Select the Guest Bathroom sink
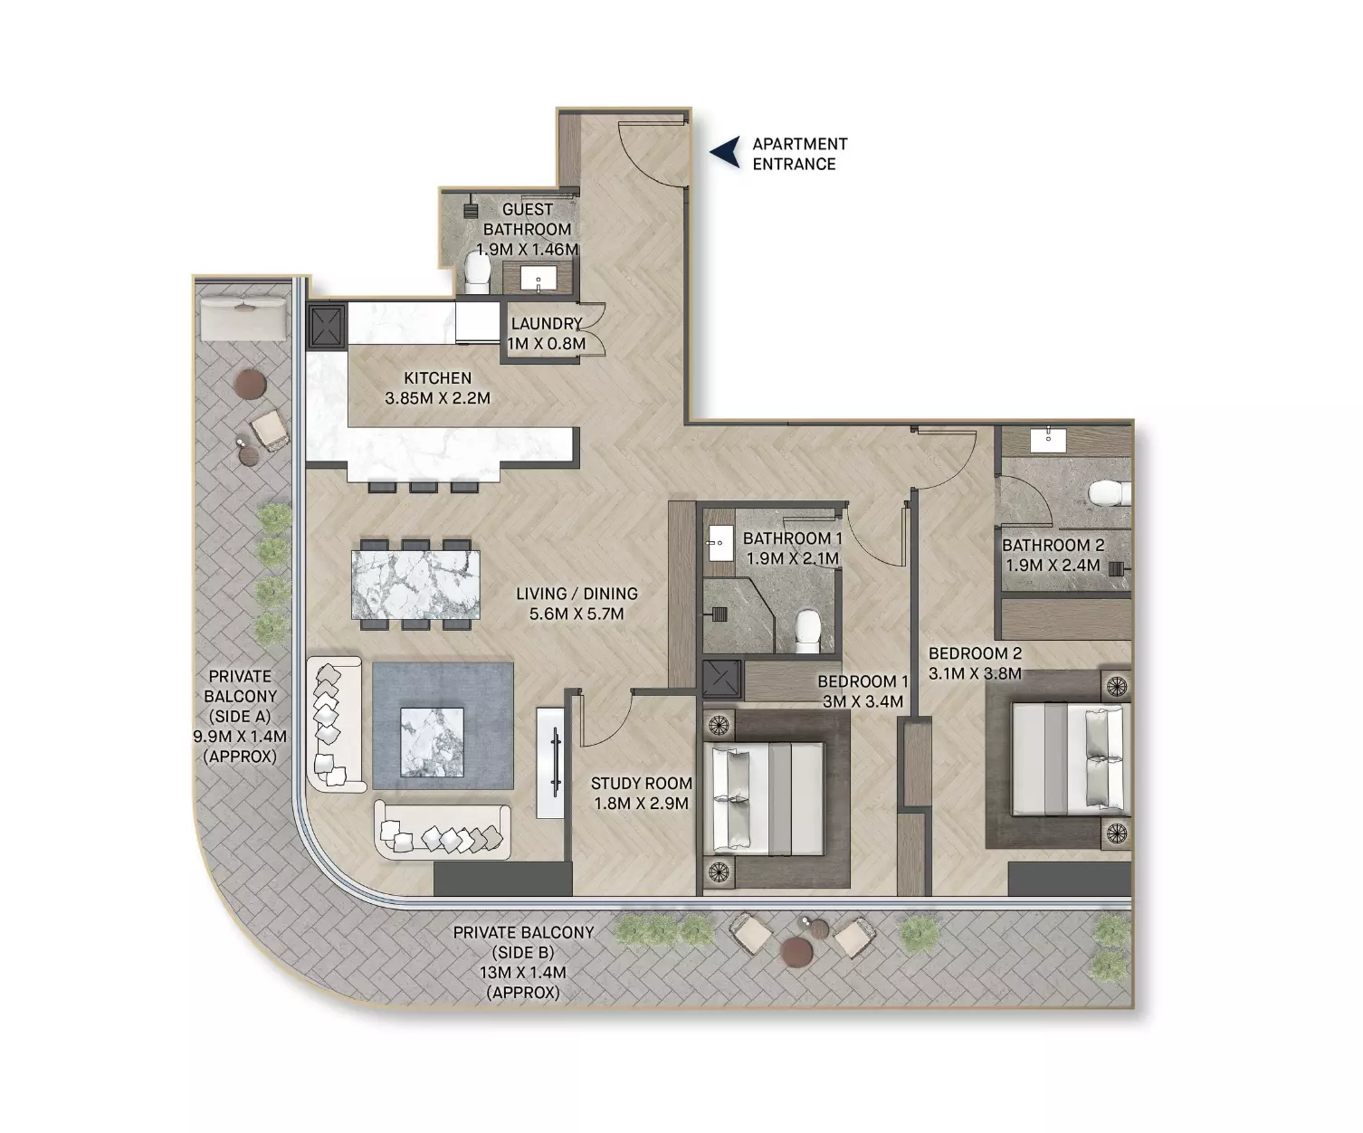point(538,278)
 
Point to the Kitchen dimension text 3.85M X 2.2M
point(437,398)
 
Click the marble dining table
point(415,585)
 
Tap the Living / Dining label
point(577,604)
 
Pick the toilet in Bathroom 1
point(807,631)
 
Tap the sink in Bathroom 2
point(1048,439)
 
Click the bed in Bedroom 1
point(767,799)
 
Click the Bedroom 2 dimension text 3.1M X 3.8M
point(975,673)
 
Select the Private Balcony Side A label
point(240,716)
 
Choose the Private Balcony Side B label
point(523,963)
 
